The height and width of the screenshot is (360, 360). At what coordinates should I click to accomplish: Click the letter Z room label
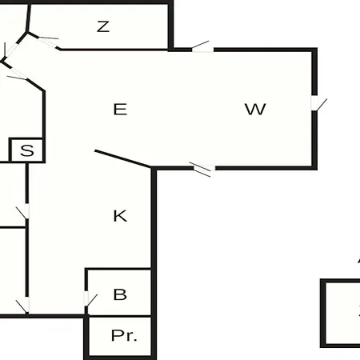(103, 26)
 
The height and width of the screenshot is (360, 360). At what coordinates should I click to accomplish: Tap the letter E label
(120, 110)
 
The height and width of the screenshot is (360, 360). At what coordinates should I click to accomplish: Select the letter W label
(255, 110)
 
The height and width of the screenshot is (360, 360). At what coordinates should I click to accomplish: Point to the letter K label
(120, 216)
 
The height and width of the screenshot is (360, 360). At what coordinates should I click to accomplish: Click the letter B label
(120, 294)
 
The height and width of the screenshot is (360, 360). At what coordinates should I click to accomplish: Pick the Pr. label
(124, 335)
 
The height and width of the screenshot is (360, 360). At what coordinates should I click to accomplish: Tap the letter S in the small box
(27, 150)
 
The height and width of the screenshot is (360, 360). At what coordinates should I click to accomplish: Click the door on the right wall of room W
(318, 103)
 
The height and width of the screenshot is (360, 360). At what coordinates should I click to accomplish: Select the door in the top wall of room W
(202, 47)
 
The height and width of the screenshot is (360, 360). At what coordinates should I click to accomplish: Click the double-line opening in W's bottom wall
(202, 169)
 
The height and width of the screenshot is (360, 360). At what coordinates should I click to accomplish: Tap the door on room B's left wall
(90, 299)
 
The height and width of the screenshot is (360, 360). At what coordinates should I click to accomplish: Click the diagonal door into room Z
(49, 42)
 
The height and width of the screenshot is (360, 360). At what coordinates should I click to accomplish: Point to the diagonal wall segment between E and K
(123, 159)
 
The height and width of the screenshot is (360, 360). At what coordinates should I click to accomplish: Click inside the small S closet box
(26, 150)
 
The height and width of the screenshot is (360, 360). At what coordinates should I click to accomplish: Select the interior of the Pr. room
(120, 336)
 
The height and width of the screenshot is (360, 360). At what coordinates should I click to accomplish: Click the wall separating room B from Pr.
(120, 316)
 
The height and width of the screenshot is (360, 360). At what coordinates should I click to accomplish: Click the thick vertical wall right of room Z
(170, 26)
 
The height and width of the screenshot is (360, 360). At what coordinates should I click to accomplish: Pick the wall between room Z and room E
(114, 50)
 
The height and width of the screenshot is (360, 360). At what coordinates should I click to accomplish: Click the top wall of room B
(118, 269)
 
